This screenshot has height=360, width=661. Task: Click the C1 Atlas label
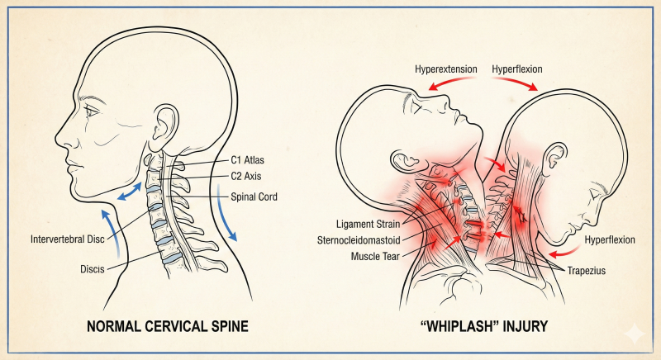coord(247,160)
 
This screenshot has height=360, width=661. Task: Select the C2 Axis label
coord(245,176)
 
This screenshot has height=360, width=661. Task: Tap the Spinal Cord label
coord(254,197)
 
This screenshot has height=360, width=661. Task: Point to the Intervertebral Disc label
coord(68,239)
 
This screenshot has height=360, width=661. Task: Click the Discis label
coord(93,269)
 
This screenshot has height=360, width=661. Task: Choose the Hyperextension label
coord(446,69)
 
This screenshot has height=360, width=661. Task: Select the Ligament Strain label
coord(368,224)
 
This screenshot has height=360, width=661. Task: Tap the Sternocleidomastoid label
coord(359,240)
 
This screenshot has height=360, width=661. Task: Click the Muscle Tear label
coord(375,256)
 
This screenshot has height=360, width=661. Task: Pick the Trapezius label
coord(587,270)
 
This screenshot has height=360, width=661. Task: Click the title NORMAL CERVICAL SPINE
coord(168,326)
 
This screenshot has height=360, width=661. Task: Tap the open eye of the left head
coord(92,111)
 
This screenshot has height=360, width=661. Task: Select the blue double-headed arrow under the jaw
coord(129,192)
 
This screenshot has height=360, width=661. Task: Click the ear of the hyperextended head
coord(406,160)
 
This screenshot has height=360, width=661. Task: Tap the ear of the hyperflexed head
coord(554,159)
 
